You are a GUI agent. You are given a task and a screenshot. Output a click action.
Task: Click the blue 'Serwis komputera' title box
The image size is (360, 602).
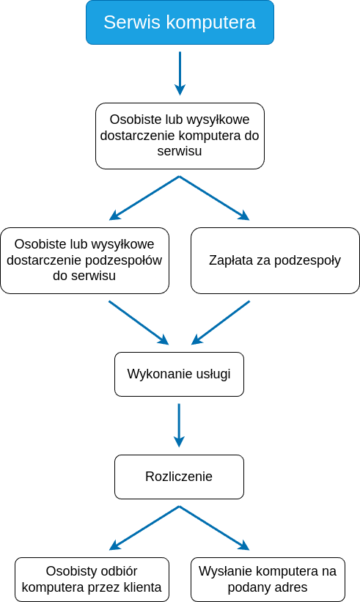(180, 22)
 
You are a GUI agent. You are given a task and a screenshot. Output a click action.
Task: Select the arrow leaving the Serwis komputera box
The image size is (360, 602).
(180, 73)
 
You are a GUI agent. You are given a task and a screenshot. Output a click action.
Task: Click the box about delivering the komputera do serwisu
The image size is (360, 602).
(180, 136)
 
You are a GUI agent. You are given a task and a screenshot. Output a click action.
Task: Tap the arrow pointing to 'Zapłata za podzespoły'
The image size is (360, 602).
(215, 198)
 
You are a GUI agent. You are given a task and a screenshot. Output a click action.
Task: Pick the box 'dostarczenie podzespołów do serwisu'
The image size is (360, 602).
(84, 260)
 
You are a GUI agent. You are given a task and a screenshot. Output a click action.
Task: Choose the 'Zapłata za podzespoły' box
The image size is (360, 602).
(275, 260)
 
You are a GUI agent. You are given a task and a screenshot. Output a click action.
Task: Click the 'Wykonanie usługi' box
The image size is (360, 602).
(179, 374)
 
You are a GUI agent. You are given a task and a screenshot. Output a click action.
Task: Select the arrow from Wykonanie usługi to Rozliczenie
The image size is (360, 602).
(179, 425)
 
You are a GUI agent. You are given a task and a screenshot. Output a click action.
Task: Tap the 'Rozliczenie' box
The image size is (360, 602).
(179, 477)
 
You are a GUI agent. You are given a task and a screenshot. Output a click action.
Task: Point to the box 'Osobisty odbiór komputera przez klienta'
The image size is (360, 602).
(92, 579)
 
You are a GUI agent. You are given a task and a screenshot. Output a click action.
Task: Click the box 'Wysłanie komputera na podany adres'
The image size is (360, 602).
(268, 579)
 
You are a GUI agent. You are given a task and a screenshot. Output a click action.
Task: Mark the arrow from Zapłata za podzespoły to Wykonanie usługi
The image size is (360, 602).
(220, 323)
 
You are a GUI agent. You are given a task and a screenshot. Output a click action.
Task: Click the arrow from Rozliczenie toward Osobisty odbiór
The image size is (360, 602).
(144, 528)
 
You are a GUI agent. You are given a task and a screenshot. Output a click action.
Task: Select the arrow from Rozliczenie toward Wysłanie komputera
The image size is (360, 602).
(215, 528)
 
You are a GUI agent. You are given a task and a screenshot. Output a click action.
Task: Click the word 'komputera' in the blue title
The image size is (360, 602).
(210, 23)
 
